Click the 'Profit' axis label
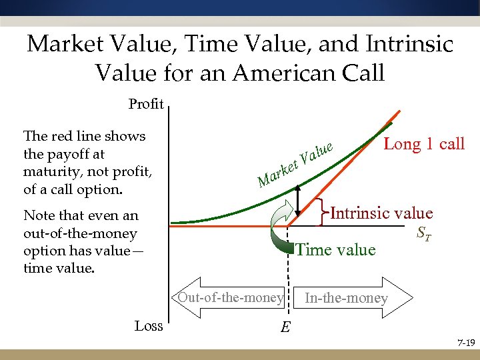[x=146, y=104]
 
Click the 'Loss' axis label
[x=149, y=325]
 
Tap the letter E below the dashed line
[x=285, y=327]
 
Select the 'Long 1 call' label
[x=424, y=143]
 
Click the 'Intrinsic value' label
[x=381, y=213]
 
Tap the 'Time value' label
[x=335, y=249]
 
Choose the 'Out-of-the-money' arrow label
[x=230, y=297]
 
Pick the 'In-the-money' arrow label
[x=345, y=298]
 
